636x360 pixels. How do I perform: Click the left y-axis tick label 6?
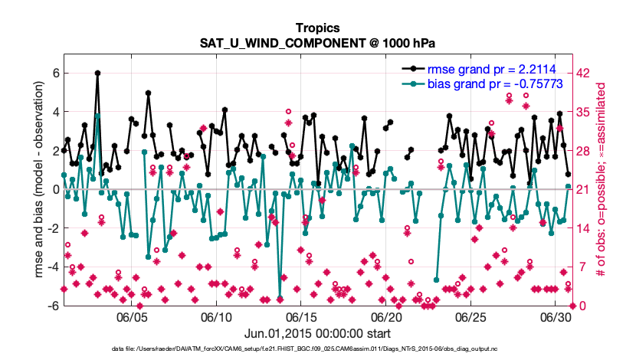click(55, 73)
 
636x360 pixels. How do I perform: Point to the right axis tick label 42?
click(582, 73)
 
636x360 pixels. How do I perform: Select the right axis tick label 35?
click(582, 112)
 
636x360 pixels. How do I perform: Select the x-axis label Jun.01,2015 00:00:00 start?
click(317, 333)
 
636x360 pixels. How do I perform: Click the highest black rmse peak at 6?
click(97, 73)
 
